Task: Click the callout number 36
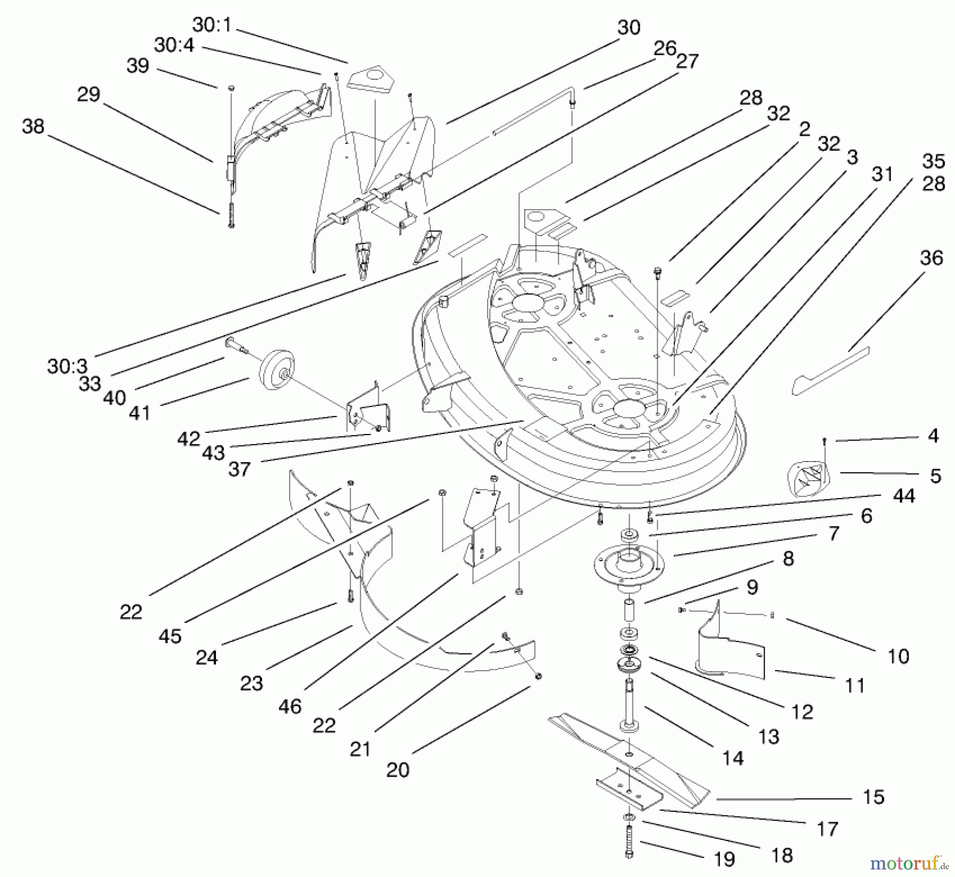pyautogui.click(x=931, y=258)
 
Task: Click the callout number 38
pyautogui.click(x=33, y=126)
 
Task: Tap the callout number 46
pyautogui.click(x=290, y=706)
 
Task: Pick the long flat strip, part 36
pyautogui.click(x=830, y=371)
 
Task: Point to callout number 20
pyautogui.click(x=397, y=770)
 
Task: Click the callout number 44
pyautogui.click(x=904, y=496)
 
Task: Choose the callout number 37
pyautogui.click(x=239, y=469)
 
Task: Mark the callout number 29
pyautogui.click(x=88, y=94)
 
